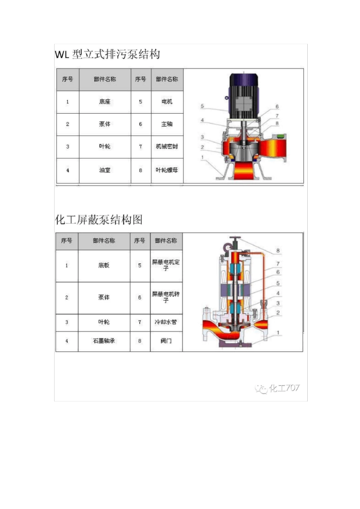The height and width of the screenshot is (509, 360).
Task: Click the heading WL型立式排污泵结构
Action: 108,55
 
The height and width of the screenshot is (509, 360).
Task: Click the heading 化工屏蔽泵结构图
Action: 99,220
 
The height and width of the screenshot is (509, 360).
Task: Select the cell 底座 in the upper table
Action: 105,102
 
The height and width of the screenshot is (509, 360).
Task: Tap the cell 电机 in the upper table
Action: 167,102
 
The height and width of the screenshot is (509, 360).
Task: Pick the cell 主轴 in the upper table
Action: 167,124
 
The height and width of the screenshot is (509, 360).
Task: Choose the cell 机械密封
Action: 167,146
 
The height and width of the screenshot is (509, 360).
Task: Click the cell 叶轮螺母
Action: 167,170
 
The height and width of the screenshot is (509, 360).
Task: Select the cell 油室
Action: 105,170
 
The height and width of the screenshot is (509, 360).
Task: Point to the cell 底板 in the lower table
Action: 104,265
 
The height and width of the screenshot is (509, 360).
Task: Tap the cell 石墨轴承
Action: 104,341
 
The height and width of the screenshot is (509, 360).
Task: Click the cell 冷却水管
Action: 166,322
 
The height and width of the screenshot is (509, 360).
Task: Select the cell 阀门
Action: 166,341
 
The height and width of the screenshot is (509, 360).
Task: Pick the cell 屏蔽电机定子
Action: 166,265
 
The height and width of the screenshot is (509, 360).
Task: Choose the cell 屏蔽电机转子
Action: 166,297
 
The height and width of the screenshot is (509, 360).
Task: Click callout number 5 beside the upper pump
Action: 202,106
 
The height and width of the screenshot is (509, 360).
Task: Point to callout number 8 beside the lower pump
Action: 278,250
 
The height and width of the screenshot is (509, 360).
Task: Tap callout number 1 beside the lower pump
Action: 278,333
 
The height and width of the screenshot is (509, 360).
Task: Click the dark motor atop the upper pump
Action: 243,95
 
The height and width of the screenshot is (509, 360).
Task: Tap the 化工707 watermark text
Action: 284,388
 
